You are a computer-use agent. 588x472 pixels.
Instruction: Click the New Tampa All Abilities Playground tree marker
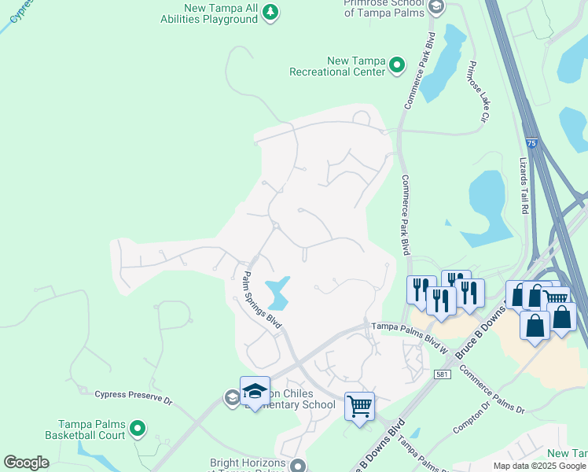pyautogui.click(x=270, y=12)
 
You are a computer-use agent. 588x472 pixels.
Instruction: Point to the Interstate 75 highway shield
pyautogui.click(x=532, y=142)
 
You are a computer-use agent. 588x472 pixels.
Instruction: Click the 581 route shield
pyautogui.click(x=443, y=374)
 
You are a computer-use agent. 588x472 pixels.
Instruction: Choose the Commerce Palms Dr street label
pyautogui.click(x=492, y=389)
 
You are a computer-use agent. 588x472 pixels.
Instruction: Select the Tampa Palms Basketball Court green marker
pyautogui.click(x=138, y=429)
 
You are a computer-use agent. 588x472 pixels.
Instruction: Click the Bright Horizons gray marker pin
pyautogui.click(x=298, y=466)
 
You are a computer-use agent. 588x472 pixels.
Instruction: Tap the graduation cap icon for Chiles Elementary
pyautogui.click(x=255, y=390)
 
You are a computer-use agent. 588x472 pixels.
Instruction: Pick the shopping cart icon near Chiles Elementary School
pyautogui.click(x=359, y=406)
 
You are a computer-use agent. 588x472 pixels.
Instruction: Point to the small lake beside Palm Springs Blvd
pyautogui.click(x=277, y=293)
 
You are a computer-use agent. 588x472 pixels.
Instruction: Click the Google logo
pyautogui.click(x=27, y=462)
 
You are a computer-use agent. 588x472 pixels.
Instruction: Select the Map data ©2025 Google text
pyautogui.click(x=538, y=466)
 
